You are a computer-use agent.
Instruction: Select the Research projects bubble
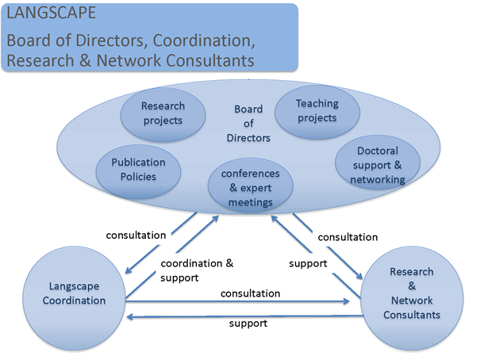coord(162,113)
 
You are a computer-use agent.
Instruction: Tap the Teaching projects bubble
coord(317,110)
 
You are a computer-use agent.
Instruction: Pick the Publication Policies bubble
coord(139,169)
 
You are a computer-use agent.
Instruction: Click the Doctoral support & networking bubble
coord(377,165)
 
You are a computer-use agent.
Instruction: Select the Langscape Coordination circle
coord(76,293)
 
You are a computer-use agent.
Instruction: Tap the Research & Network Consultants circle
coord(412,293)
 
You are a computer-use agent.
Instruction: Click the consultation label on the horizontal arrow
coord(250,293)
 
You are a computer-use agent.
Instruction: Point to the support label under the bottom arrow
coord(248,324)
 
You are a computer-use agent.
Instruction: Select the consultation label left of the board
coord(136,235)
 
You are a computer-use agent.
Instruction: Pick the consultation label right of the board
coord(348,236)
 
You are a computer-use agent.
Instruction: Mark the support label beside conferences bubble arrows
coord(309,263)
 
